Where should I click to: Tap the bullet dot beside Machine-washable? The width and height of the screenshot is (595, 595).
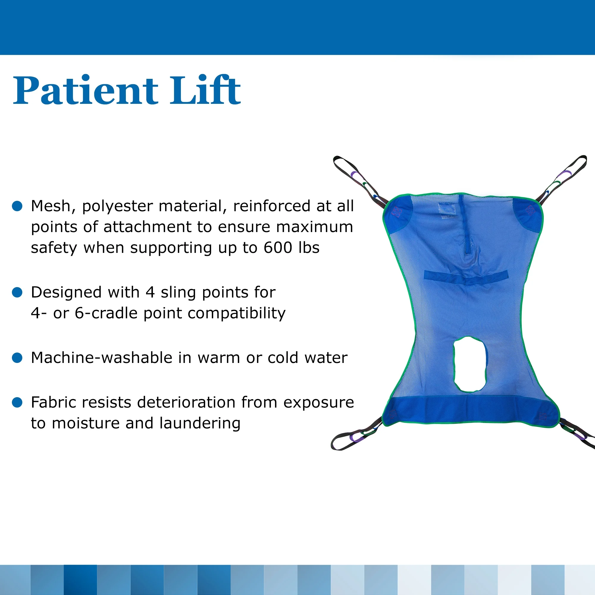[x=17, y=358]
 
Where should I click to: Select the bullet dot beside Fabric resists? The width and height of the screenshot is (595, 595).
[x=17, y=402]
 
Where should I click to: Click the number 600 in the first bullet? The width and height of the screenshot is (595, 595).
[x=278, y=248]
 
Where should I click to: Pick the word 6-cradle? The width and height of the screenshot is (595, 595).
[x=107, y=313]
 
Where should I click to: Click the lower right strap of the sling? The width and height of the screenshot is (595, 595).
[x=579, y=434]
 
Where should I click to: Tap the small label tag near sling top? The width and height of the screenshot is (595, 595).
[x=448, y=209]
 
